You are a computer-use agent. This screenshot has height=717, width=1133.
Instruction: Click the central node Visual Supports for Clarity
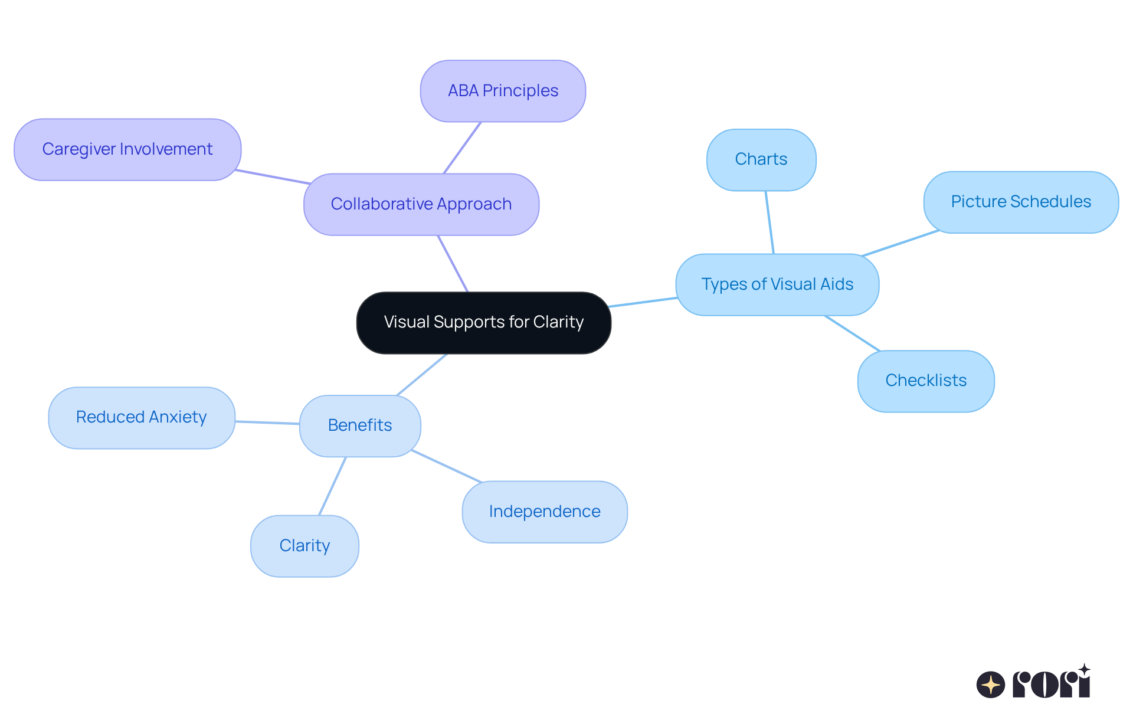[x=483, y=322]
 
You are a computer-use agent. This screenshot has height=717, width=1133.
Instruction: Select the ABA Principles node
[x=503, y=91]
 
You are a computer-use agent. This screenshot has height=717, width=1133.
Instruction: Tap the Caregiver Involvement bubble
[x=127, y=149]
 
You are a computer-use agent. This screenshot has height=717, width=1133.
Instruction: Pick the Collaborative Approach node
[x=421, y=204]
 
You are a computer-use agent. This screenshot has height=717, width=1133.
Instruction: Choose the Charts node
[x=761, y=159]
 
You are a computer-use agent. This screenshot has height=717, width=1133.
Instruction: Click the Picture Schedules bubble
[x=1020, y=202]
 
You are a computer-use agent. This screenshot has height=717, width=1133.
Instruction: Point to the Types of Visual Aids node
[x=777, y=284]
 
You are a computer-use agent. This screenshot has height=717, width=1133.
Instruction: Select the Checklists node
[x=925, y=381]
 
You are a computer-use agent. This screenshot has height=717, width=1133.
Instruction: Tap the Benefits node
[x=360, y=425]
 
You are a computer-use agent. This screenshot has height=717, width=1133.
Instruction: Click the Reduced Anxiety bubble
[x=142, y=417]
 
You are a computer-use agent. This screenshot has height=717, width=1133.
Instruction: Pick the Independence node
[x=545, y=512]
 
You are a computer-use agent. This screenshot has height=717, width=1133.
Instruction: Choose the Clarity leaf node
[x=304, y=546]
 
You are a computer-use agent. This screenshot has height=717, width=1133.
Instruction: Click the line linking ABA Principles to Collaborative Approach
[x=462, y=148]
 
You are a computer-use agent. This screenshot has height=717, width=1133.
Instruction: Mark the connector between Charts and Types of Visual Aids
[x=769, y=222]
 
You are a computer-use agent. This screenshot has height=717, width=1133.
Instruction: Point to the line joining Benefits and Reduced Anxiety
[x=267, y=423]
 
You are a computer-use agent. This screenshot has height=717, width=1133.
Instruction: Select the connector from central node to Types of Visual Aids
[x=643, y=302]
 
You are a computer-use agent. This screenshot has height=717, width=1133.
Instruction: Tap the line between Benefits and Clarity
[x=332, y=486]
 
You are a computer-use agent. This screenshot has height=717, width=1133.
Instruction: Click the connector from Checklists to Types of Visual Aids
[x=852, y=333]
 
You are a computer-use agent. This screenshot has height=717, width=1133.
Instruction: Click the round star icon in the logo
[x=990, y=685]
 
